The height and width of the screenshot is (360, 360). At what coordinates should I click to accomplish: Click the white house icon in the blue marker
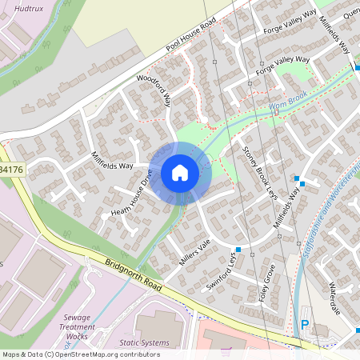[x=180, y=173]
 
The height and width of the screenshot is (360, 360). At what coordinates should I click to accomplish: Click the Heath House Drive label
[x=132, y=197]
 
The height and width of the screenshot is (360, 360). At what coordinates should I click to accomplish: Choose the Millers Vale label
[x=194, y=253]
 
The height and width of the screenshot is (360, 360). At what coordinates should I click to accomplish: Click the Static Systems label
[x=145, y=343]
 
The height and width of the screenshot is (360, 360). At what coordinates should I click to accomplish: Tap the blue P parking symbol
[x=304, y=325]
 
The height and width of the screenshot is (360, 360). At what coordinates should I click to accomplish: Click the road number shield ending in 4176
[x=12, y=170]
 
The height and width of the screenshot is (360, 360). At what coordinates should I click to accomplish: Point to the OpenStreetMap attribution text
[x=80, y=354]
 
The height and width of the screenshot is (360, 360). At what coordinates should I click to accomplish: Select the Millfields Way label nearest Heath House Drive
[x=112, y=162]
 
